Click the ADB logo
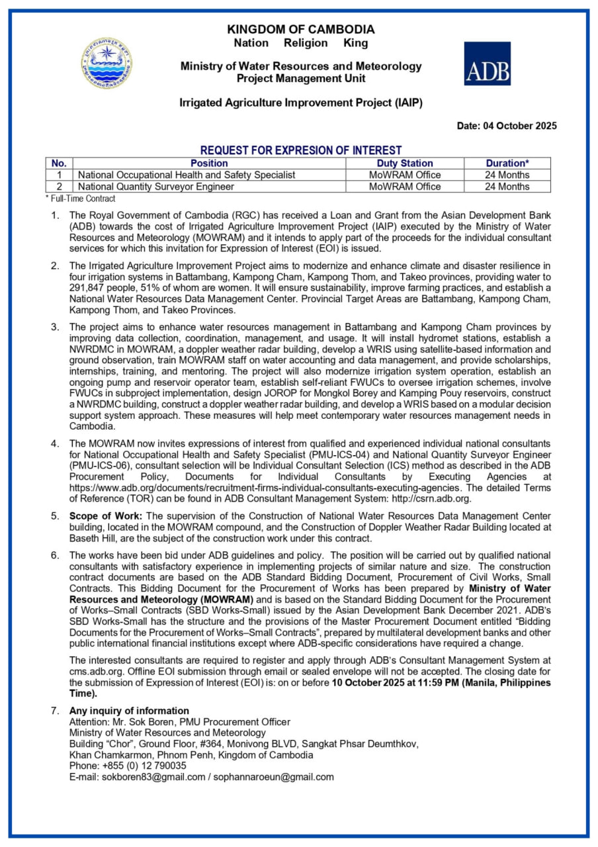(x=487, y=64)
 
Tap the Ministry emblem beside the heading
(x=107, y=64)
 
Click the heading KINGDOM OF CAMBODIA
(x=300, y=29)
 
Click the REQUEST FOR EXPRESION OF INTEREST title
(x=301, y=150)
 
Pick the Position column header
(x=209, y=163)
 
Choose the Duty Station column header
(x=405, y=163)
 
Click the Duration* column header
(x=507, y=163)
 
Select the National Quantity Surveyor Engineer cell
(x=156, y=187)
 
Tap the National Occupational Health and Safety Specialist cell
(x=187, y=175)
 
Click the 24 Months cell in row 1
(x=507, y=175)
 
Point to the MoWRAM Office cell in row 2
(x=405, y=187)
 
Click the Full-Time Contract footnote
(x=81, y=199)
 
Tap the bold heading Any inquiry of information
(x=129, y=711)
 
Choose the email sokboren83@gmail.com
(x=153, y=777)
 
